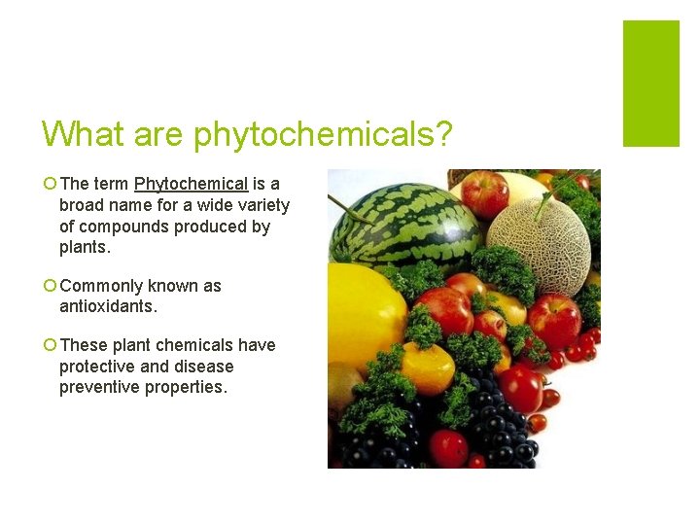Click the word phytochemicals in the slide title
tap(323, 134)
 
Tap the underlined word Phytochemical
tap(191, 184)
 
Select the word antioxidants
tap(107, 306)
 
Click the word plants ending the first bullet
tap(85, 248)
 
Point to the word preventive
tap(100, 388)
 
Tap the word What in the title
tap(82, 134)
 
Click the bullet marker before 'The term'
tap(49, 185)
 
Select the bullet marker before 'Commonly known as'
tap(49, 287)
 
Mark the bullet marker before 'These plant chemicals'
tap(49, 346)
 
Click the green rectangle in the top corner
tap(650, 83)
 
